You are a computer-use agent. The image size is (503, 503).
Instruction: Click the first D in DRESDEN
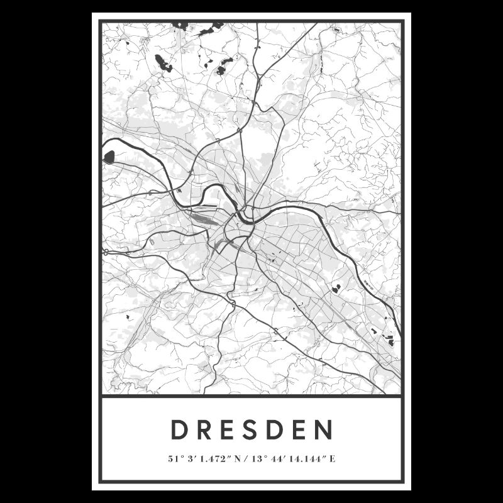pyautogui.click(x=179, y=431)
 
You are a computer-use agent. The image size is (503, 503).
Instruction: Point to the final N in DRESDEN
pyautogui.click(x=324, y=431)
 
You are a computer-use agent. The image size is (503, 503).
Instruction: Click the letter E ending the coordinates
pyautogui.click(x=331, y=458)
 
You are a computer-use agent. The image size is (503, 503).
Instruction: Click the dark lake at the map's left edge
pyautogui.click(x=109, y=157)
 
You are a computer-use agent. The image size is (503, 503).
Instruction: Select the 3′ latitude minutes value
pyautogui.click(x=190, y=458)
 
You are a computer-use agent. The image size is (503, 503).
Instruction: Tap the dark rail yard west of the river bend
pyautogui.click(x=203, y=218)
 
